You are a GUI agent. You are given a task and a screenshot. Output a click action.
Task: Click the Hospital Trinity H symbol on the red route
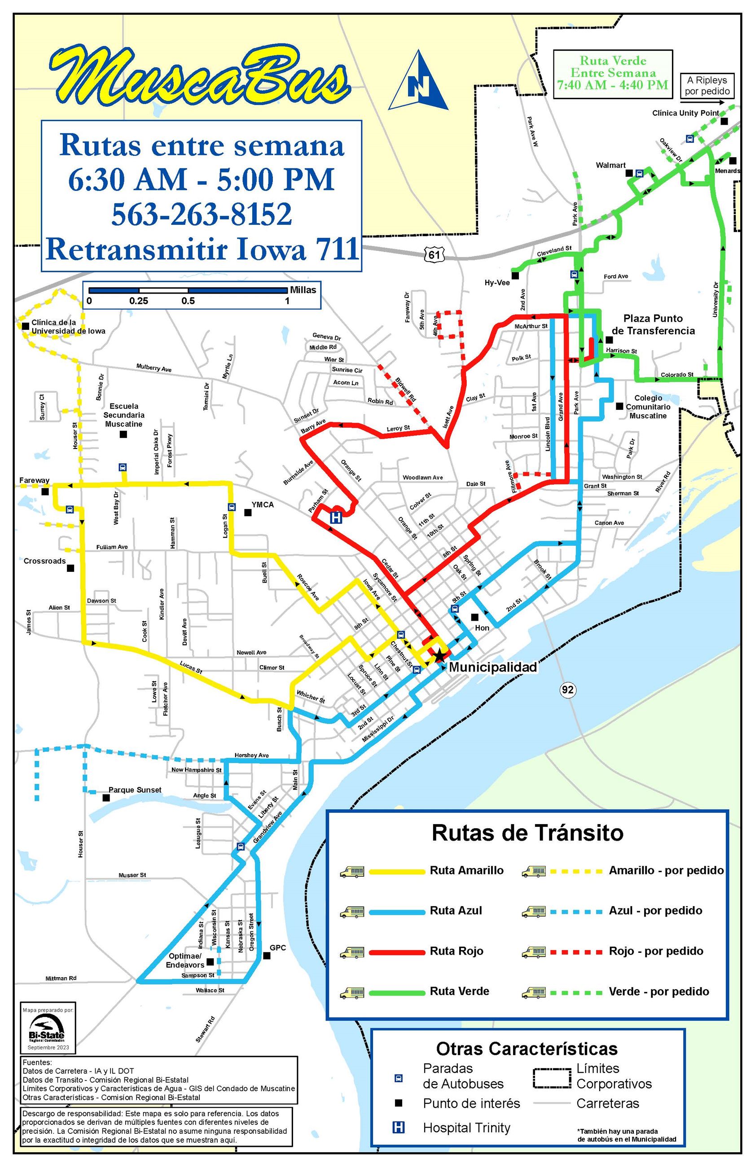pyautogui.click(x=336, y=518)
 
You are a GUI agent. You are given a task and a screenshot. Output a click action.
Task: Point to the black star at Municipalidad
pyautogui.click(x=439, y=655)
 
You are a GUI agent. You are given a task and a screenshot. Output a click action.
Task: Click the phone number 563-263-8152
pyautogui.click(x=202, y=214)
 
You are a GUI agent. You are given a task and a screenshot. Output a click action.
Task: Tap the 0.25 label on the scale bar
pyautogui.click(x=139, y=301)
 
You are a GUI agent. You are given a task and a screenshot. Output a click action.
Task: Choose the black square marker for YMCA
pyautogui.click(x=248, y=512)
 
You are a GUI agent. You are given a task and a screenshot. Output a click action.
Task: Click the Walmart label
pyautogui.click(x=610, y=165)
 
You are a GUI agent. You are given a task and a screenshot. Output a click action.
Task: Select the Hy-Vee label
pyautogui.click(x=496, y=283)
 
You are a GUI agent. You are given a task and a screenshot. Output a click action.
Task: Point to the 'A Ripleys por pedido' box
pyautogui.click(x=707, y=86)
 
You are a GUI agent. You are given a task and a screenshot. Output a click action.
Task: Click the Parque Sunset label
pyautogui.click(x=135, y=790)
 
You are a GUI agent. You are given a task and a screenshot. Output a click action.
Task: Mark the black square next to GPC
pyautogui.click(x=267, y=956)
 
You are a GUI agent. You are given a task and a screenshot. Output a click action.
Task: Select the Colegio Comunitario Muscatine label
pyautogui.click(x=648, y=407)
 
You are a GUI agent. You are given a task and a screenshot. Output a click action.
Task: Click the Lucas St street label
pyautogui.click(x=191, y=667)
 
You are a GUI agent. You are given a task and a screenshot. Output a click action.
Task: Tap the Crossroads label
pyautogui.click(x=44, y=561)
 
